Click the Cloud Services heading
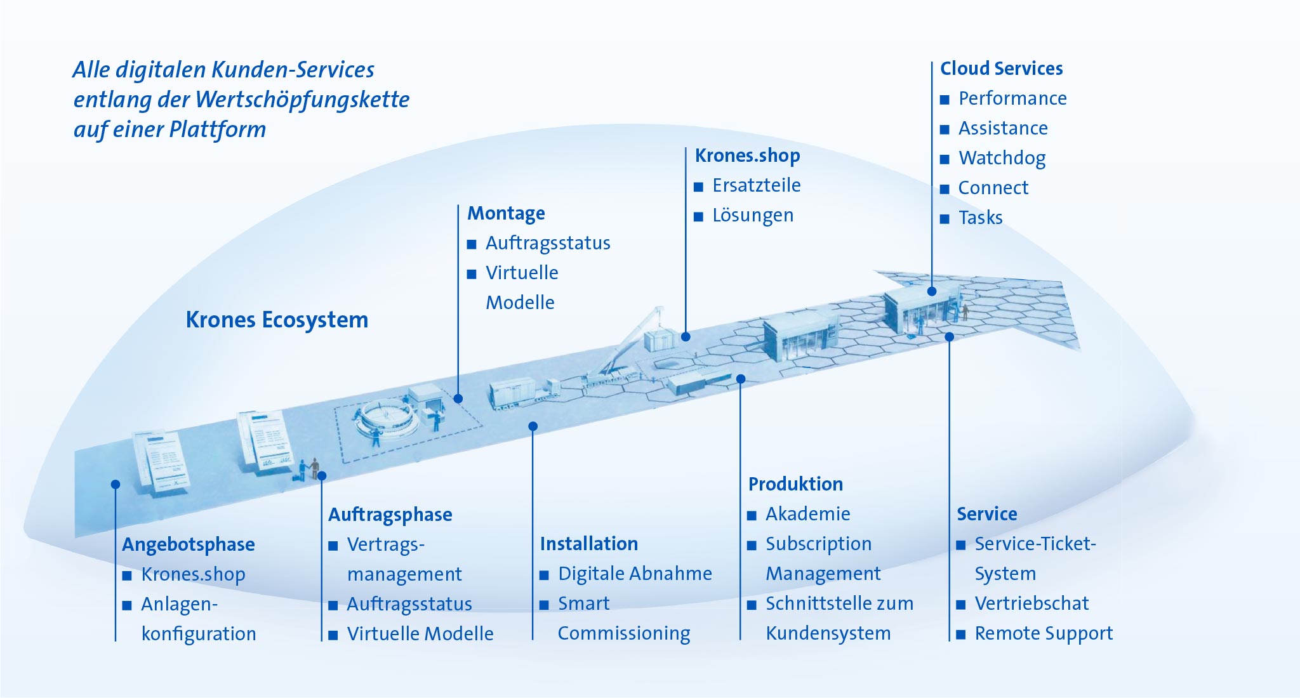coord(1001,69)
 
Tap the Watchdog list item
coord(1002,158)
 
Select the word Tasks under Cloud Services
coord(980,218)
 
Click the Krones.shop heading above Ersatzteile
coord(747,155)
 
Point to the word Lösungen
coord(753,216)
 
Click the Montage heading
coord(506,213)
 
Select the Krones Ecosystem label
coord(277,320)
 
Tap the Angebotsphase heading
coord(189,544)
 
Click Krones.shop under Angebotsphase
coord(193,574)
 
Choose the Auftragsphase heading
coord(390,515)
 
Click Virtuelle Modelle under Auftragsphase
coord(420,634)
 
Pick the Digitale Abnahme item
coord(635,574)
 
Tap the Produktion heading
coord(795,484)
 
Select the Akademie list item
coord(807,514)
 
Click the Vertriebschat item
coord(1031,603)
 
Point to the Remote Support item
coord(1044,633)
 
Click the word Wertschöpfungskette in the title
coord(302,100)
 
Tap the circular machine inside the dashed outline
coord(387,419)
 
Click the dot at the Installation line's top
coord(533,426)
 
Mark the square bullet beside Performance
coord(945,100)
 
